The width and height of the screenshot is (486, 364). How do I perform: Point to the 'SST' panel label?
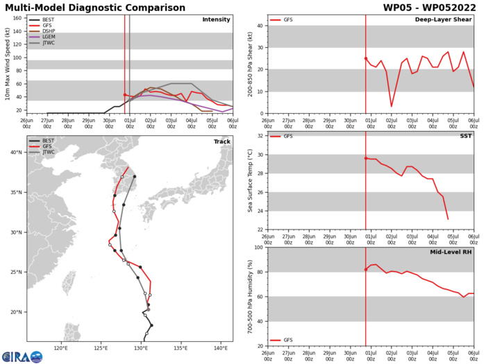[465, 137]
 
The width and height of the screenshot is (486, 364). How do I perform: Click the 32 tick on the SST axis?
[260, 137]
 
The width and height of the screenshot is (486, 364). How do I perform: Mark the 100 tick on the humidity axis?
[258, 248]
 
